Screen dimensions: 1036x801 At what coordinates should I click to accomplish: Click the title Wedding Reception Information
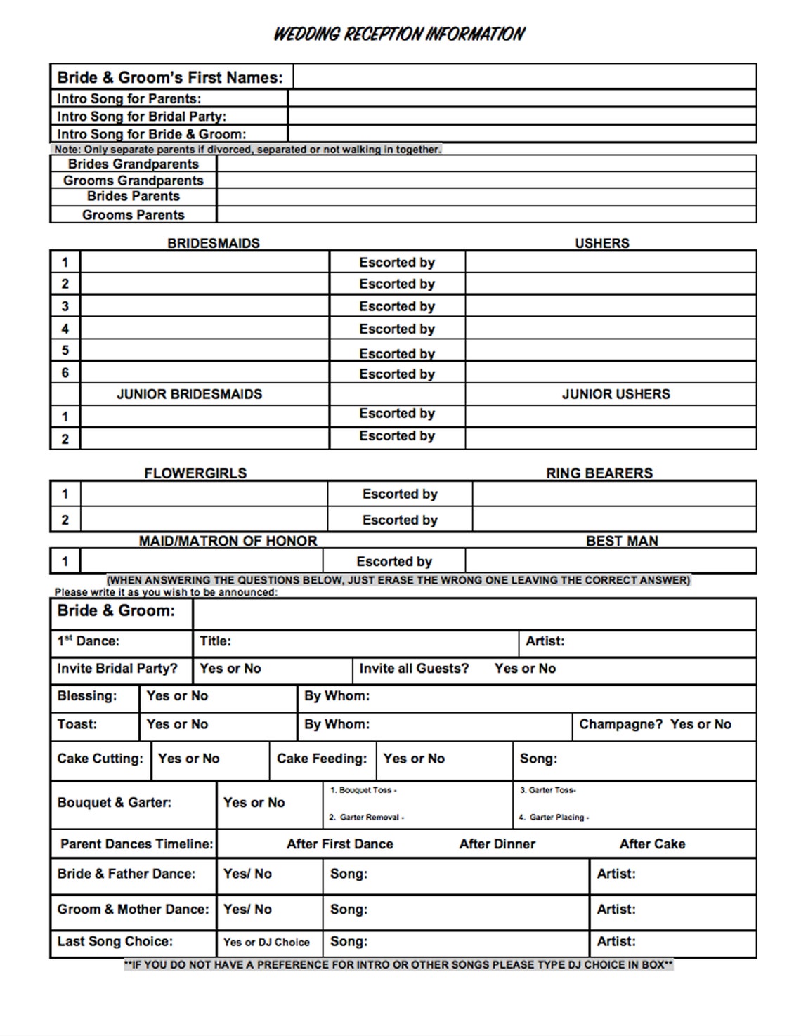pos(398,34)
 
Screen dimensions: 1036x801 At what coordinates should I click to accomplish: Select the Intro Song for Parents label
pos(129,99)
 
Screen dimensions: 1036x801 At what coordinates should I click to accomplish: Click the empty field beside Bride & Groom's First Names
pos(523,77)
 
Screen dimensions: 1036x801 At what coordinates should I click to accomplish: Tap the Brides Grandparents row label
pos(133,164)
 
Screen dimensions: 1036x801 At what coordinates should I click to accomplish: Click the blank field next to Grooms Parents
pos(486,215)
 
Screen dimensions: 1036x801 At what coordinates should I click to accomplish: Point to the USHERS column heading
pos(601,243)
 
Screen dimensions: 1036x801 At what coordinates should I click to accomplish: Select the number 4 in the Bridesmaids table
pos(65,329)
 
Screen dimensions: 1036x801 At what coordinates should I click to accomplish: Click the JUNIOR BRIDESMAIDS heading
pos(189,394)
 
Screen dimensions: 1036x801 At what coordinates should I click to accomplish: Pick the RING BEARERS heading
pos(599,473)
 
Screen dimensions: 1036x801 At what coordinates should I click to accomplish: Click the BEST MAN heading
pos(622,541)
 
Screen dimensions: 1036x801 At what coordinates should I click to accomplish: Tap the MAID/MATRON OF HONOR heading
pos(228,541)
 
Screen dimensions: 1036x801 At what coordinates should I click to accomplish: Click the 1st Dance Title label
pos(215,641)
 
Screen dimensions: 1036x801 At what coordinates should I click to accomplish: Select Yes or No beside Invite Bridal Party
pos(230,669)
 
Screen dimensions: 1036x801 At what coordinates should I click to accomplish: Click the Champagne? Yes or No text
pos(655,724)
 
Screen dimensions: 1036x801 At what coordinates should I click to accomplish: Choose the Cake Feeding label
pos(322,759)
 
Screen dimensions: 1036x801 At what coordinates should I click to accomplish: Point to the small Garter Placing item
pos(554,818)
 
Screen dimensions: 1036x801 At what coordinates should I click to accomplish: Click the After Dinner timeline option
pos(497,844)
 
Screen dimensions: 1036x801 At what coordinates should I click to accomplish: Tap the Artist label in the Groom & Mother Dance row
pos(616,910)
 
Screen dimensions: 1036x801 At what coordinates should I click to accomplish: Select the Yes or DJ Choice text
pos(266,943)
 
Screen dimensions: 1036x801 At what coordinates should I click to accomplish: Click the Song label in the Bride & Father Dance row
pos(349,874)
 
